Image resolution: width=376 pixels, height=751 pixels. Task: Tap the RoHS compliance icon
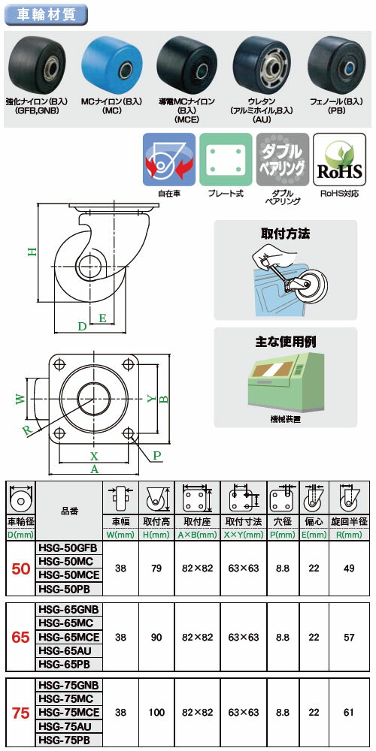click(338, 159)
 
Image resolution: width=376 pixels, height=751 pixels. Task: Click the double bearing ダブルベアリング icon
click(281, 159)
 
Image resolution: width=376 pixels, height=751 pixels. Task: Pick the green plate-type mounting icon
click(226, 159)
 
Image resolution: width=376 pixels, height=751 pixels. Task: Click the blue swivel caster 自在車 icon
click(169, 159)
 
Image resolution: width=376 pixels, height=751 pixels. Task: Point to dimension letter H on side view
click(32, 252)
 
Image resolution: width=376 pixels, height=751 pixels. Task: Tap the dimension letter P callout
click(157, 454)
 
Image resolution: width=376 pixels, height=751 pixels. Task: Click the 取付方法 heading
click(283, 234)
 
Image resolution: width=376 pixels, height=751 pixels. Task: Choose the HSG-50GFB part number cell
click(69, 550)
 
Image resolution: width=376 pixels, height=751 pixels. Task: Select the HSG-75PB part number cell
click(69, 740)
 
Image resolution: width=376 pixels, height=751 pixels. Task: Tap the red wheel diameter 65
click(20, 638)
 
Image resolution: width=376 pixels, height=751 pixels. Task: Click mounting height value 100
click(156, 712)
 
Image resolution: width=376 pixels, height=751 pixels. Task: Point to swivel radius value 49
click(348, 569)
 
